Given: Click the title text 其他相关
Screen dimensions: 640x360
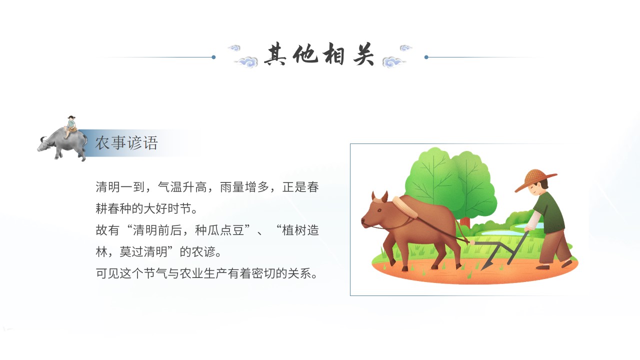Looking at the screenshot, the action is (x=319, y=54).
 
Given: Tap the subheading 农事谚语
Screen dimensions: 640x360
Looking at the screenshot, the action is (x=126, y=143).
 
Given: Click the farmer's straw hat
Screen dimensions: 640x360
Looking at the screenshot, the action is (x=535, y=180).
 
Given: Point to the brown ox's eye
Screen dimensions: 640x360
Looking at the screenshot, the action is (x=379, y=210).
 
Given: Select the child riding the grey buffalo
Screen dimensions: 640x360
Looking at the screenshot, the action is (x=71, y=126).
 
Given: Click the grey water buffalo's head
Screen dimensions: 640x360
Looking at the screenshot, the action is (x=44, y=145).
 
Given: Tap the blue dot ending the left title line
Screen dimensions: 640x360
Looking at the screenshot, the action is (x=213, y=57).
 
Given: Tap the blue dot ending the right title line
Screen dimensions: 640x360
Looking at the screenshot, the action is (x=426, y=57).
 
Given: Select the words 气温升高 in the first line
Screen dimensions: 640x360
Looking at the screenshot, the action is (x=182, y=187).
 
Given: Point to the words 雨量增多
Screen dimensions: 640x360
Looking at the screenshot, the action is (x=244, y=187).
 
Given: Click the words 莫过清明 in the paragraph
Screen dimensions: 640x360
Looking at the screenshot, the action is (x=143, y=252).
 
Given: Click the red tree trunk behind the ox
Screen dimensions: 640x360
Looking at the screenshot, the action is (x=465, y=223).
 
